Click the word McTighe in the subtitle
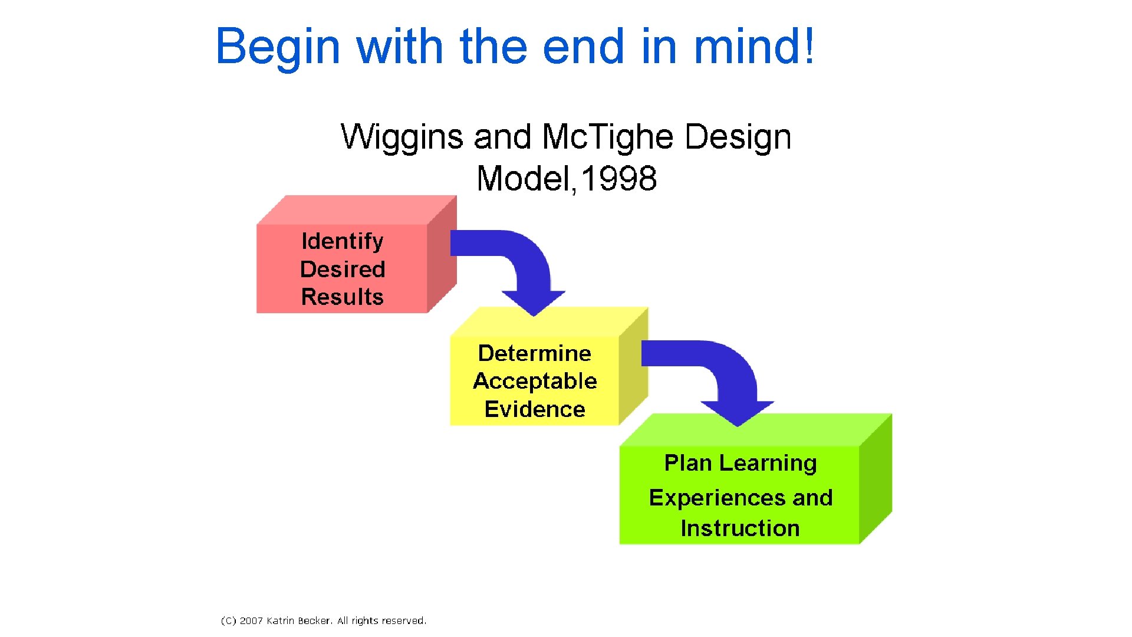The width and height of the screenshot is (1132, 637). [x=607, y=137]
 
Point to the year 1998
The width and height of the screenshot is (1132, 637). [x=619, y=179]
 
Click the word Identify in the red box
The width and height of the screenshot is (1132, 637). [x=342, y=241]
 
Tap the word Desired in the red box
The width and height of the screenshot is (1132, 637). [x=342, y=269]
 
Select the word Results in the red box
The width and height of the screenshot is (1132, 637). [x=342, y=297]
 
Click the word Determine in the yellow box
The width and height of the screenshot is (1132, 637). [x=534, y=353]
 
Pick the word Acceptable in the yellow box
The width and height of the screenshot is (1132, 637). [x=534, y=382]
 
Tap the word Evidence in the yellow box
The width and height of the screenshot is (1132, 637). [x=534, y=409]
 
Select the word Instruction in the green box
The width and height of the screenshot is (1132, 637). [x=740, y=528]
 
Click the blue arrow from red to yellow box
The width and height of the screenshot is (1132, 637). [x=519, y=265]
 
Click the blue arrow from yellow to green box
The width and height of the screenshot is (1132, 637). [x=725, y=377]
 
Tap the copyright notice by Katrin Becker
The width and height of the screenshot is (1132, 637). [x=323, y=620]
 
